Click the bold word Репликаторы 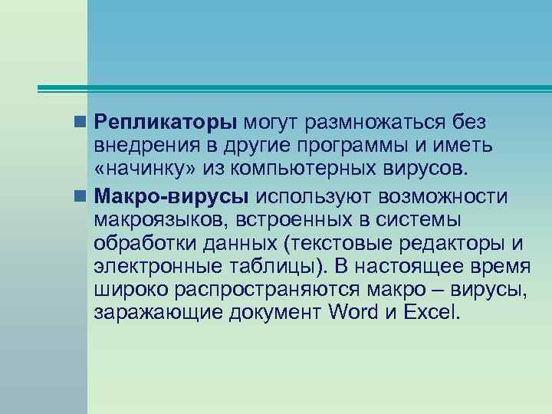click(166, 123)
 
